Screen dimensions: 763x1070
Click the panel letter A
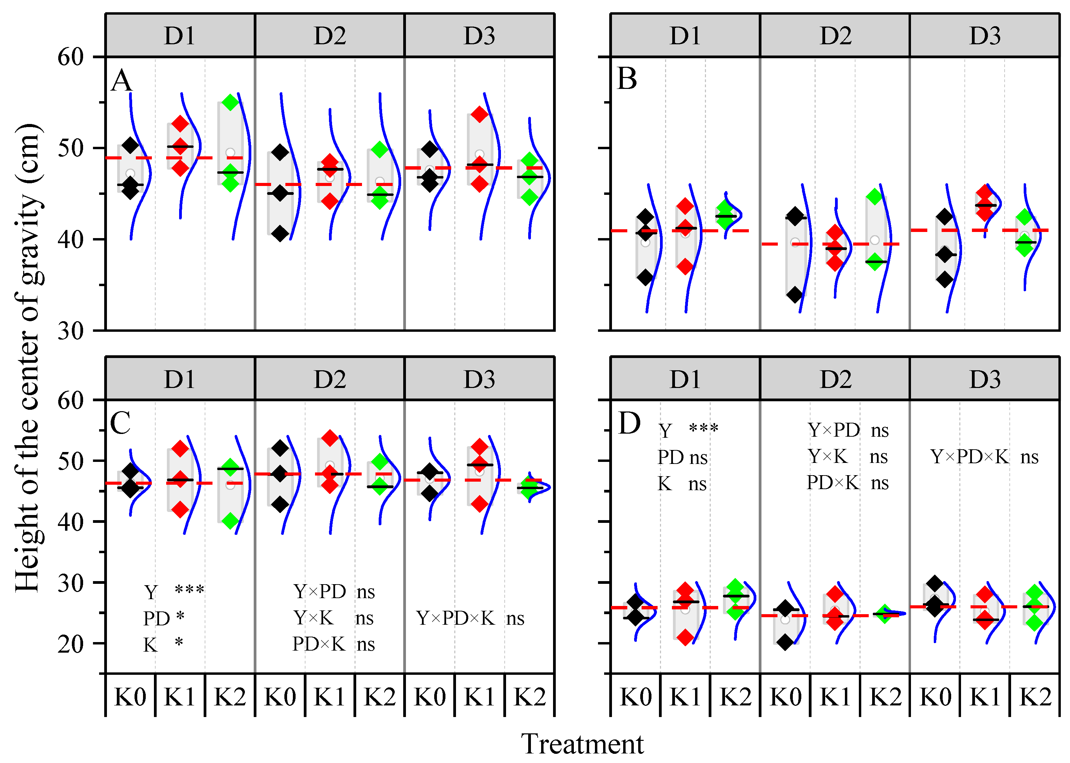coord(121,81)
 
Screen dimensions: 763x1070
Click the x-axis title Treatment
coord(582,744)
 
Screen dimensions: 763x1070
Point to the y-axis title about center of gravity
coord(28,357)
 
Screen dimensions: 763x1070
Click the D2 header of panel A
coord(330,36)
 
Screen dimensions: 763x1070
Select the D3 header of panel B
coord(985,36)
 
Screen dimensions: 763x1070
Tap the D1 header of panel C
coord(179,379)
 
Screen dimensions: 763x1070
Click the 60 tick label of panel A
coord(70,57)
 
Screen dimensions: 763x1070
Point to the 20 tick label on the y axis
coord(70,644)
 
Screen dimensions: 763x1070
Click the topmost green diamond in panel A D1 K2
coord(230,102)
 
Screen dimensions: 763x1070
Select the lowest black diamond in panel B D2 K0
coord(795,295)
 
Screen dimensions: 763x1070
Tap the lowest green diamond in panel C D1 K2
coord(230,520)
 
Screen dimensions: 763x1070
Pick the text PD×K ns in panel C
coord(333,644)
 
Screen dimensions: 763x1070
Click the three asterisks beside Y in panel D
coord(703,429)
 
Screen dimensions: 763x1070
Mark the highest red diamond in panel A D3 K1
coord(479,114)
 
